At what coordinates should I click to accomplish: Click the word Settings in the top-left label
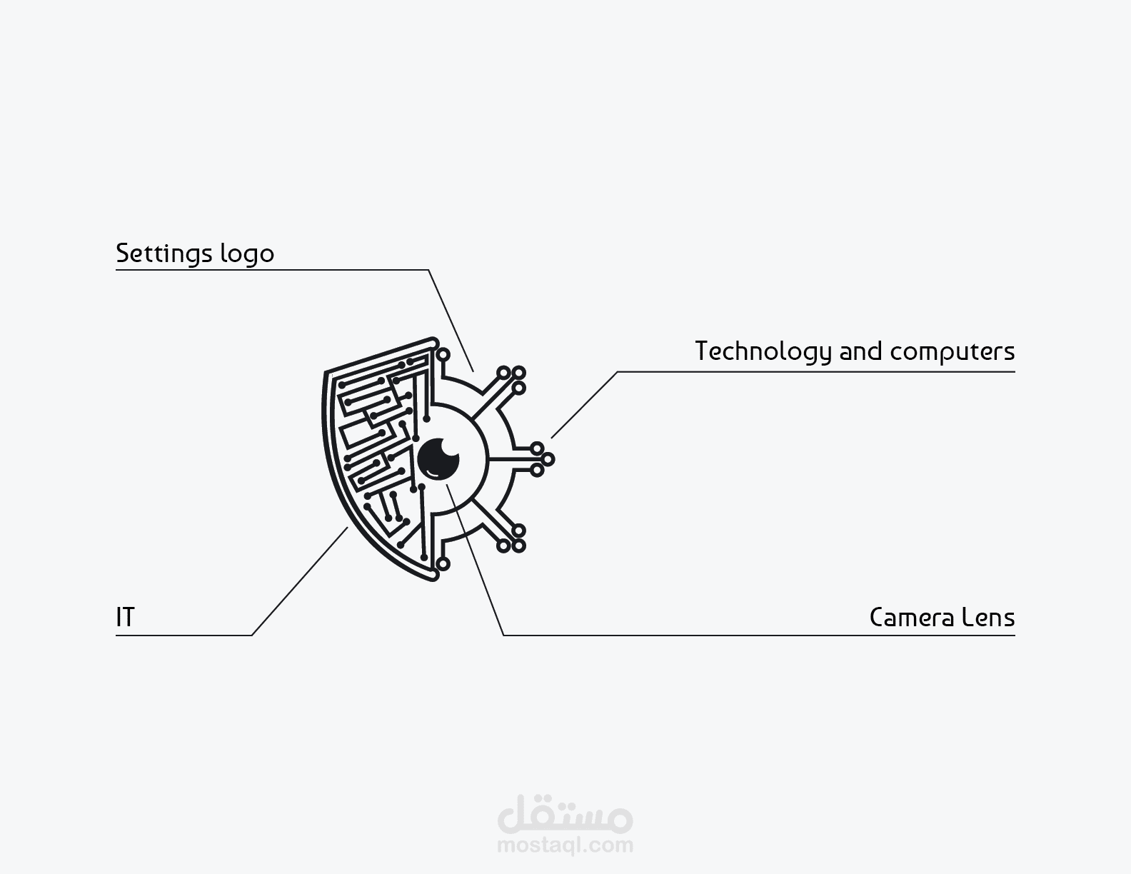pyautogui.click(x=164, y=254)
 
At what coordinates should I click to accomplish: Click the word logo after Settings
pyautogui.click(x=247, y=254)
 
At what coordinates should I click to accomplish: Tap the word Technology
pyautogui.click(x=763, y=352)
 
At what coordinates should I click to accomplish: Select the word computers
pyautogui.click(x=952, y=353)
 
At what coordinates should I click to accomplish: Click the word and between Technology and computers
pyautogui.click(x=861, y=351)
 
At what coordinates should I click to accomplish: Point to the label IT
pyautogui.click(x=125, y=618)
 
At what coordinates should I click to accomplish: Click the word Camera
pyautogui.click(x=912, y=618)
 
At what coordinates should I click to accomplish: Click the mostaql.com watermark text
pyautogui.click(x=565, y=844)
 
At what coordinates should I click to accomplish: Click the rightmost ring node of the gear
pyautogui.click(x=548, y=459)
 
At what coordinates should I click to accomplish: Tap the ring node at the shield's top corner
pyautogui.click(x=443, y=355)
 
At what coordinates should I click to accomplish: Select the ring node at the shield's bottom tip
pyautogui.click(x=443, y=563)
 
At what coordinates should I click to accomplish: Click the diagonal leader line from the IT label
pyautogui.click(x=300, y=581)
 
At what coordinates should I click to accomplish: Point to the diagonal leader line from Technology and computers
pyautogui.click(x=585, y=405)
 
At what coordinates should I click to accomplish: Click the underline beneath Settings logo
pyautogui.click(x=272, y=270)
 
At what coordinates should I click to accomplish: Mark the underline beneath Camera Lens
pyautogui.click(x=760, y=635)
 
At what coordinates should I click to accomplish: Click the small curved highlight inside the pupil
pyautogui.click(x=433, y=473)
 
